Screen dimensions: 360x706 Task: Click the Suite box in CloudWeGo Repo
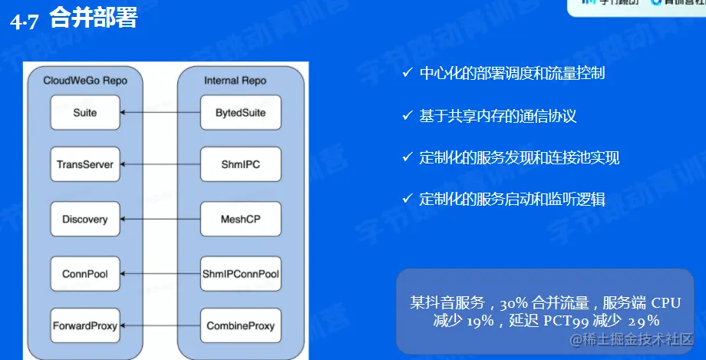(85, 113)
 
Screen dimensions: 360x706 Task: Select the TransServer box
(85, 164)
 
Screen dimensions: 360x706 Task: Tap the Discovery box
(85, 220)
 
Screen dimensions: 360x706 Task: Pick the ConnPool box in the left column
(85, 273)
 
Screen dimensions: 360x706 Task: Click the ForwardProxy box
(85, 325)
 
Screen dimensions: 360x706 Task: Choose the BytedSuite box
(240, 113)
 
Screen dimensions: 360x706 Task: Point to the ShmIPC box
(240, 164)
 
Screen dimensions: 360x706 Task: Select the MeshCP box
(240, 220)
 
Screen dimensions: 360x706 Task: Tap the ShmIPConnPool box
(240, 273)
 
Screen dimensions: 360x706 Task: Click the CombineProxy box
(240, 325)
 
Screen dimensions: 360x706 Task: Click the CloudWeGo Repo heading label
(85, 80)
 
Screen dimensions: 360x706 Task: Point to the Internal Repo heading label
(235, 80)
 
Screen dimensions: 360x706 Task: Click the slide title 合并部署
(93, 18)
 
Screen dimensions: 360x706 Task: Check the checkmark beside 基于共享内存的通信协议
(407, 116)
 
